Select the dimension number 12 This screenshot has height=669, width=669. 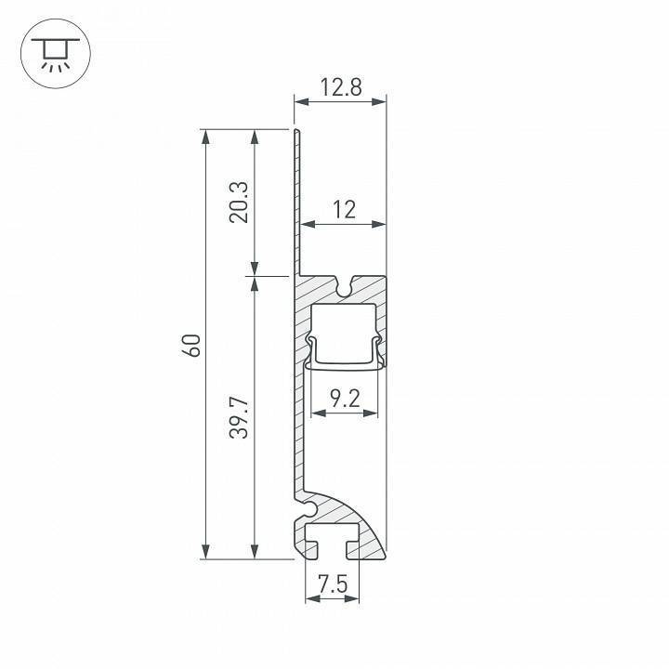[344, 210]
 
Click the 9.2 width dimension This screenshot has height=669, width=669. [343, 400]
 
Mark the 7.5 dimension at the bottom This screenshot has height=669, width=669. [332, 584]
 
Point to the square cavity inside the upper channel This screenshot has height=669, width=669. [343, 330]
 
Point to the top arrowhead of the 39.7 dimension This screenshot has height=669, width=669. [254, 283]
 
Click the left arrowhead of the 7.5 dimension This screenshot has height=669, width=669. [310, 598]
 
